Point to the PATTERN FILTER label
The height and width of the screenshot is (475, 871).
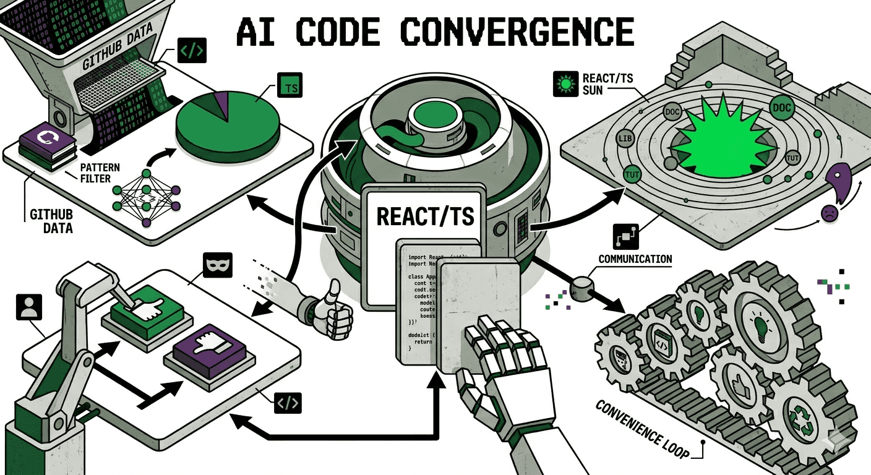[x=100, y=174]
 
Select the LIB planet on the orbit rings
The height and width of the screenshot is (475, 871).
[x=624, y=138]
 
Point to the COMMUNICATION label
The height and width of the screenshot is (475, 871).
[x=635, y=259]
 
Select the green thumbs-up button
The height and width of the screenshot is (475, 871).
[x=144, y=307]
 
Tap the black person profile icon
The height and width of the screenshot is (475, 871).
[x=27, y=307]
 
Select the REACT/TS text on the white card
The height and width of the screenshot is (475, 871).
[x=426, y=216]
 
